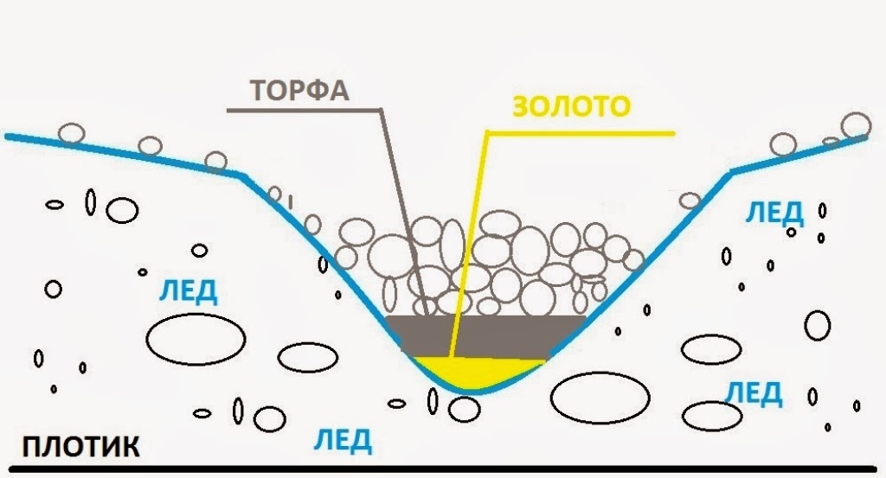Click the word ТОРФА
[299, 91]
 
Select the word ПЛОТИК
[79, 448]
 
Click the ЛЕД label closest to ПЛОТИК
[342, 440]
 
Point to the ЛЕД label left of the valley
[188, 292]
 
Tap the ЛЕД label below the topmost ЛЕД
[754, 392]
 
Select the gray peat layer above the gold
[485, 335]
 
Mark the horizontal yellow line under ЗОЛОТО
[580, 133]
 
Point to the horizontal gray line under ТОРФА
[303, 111]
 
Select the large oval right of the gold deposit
[600, 397]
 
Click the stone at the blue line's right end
[856, 125]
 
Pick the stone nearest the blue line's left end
[71, 133]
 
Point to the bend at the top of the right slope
[731, 172]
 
